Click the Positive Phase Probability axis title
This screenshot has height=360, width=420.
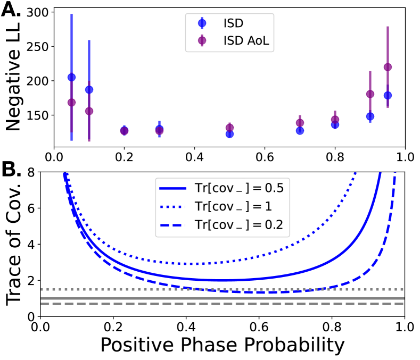tap(223, 345)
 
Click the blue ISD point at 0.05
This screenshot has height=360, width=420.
tap(71, 77)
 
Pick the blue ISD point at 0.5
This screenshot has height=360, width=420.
tap(229, 134)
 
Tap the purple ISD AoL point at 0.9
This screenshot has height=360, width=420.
tap(370, 94)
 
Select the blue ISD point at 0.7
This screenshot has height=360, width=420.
tap(300, 130)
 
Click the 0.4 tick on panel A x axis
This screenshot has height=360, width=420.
tap(194, 157)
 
